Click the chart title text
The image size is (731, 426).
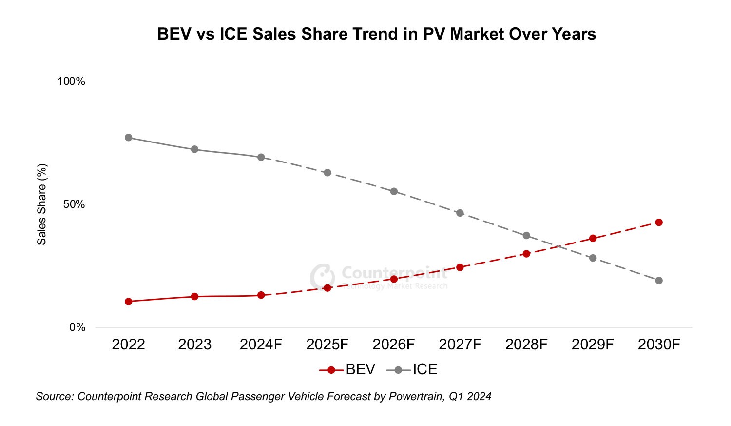click(376, 34)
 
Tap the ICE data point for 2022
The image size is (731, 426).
click(128, 138)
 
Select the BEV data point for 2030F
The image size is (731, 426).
click(659, 223)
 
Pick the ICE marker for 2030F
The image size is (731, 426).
click(659, 281)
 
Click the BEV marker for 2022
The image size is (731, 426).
click(128, 302)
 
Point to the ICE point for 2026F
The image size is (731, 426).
click(394, 191)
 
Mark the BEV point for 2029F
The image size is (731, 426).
click(593, 238)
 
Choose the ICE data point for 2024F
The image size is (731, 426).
click(261, 157)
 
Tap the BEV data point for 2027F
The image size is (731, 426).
click(460, 267)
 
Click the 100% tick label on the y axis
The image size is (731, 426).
click(71, 81)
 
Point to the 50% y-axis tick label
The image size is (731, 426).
click(74, 204)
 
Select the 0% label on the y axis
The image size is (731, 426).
click(77, 327)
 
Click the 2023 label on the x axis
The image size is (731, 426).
click(194, 345)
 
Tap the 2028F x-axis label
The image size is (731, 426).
click(526, 345)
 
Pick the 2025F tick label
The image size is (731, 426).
click(327, 345)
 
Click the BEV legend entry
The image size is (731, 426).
click(347, 369)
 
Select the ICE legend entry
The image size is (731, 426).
click(412, 369)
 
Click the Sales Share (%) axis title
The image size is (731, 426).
click(42, 204)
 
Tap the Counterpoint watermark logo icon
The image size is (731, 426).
click(322, 276)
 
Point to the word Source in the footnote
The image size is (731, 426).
click(54, 396)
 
